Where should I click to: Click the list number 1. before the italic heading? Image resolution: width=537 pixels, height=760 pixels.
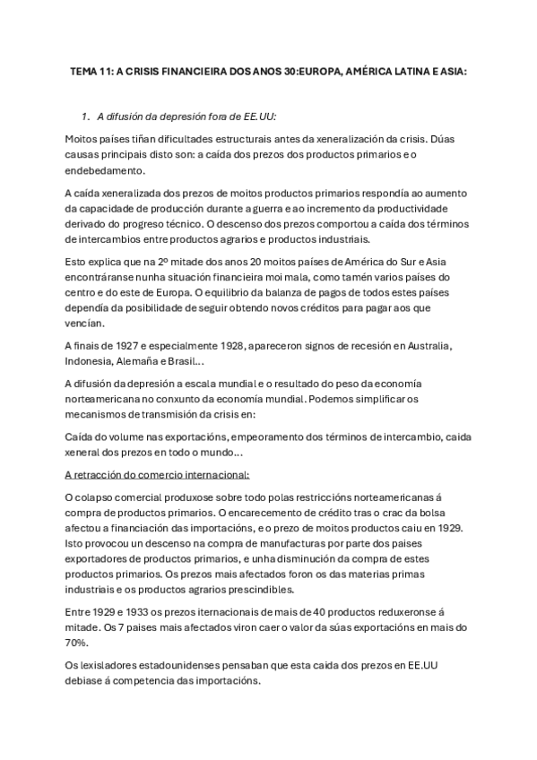click(x=85, y=117)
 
